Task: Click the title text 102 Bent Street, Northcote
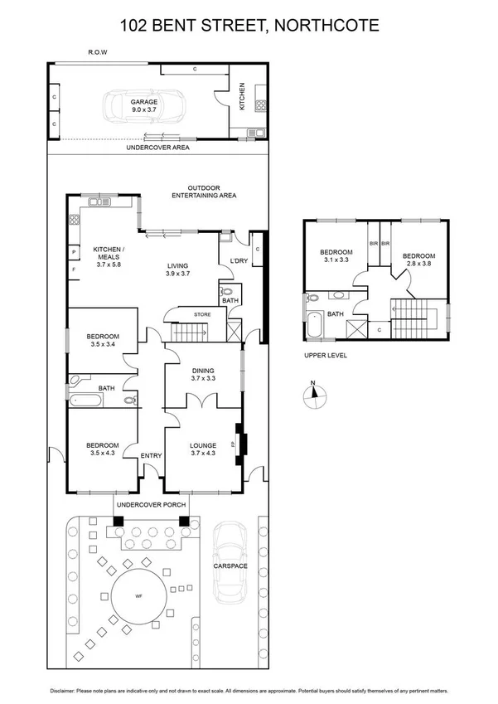pos(249,25)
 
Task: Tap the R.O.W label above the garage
pos(98,52)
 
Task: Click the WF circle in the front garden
pos(138,592)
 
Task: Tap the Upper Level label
pos(325,355)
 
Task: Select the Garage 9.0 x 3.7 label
pos(143,105)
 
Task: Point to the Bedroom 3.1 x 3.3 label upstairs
pos(337,256)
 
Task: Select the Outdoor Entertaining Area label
pos(204,192)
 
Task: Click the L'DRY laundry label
pos(239,262)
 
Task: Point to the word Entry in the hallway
pos(151,455)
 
